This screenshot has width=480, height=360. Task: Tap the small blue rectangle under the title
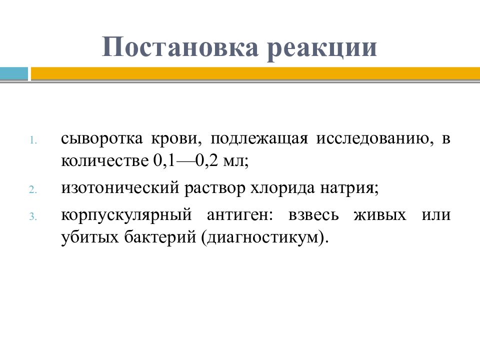point(14,73)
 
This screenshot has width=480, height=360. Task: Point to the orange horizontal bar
point(254,73)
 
